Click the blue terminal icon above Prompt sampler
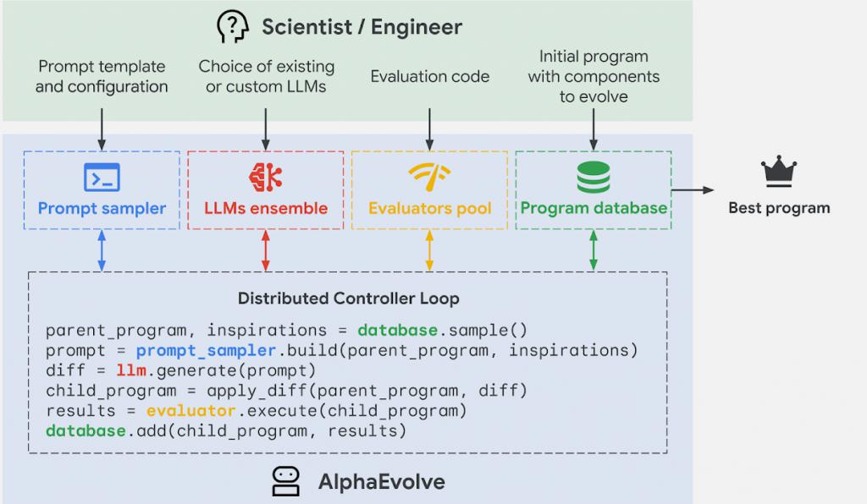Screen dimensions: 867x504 click(x=102, y=178)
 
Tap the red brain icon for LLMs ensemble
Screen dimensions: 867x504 click(x=266, y=178)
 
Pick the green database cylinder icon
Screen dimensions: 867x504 click(x=594, y=178)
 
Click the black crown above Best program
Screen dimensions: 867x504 click(x=779, y=171)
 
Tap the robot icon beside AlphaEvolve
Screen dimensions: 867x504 click(x=286, y=481)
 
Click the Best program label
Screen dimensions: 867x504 click(x=779, y=208)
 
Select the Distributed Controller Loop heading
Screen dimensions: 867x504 click(x=348, y=299)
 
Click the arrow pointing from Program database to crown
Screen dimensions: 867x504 click(x=693, y=190)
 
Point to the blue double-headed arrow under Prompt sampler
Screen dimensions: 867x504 click(x=102, y=250)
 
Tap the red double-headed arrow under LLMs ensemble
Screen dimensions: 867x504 click(x=266, y=250)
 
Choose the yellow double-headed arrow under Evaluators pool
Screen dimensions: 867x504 click(x=429, y=250)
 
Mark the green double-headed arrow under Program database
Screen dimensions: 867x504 click(x=594, y=250)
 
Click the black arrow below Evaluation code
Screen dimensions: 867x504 click(x=429, y=129)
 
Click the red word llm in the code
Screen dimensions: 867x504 click(x=131, y=370)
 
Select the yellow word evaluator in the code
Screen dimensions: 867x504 click(x=191, y=411)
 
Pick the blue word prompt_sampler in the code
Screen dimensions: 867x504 click(x=206, y=351)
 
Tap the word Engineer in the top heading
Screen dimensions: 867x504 click(x=417, y=27)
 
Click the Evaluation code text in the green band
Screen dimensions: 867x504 click(x=429, y=76)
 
